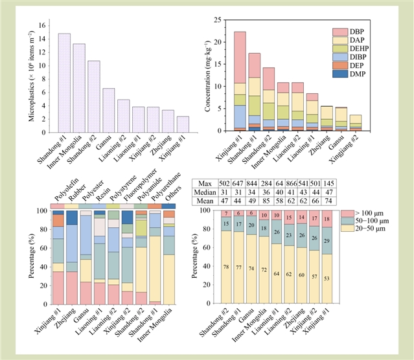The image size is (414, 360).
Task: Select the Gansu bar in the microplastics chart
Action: pyautogui.click(x=109, y=109)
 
